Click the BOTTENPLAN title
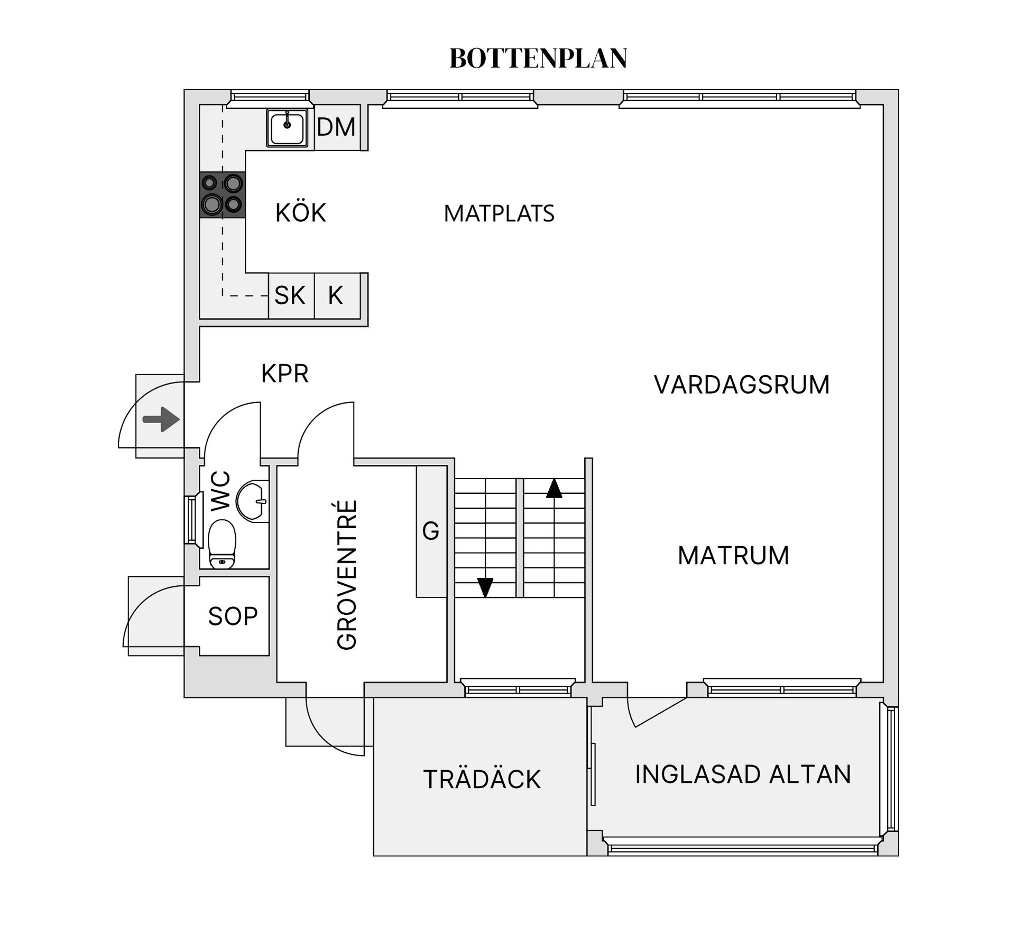pyautogui.click(x=538, y=59)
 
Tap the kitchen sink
pyautogui.click(x=287, y=127)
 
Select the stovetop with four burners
pyautogui.click(x=223, y=194)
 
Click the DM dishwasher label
pyautogui.click(x=336, y=127)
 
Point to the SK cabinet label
pyautogui.click(x=290, y=295)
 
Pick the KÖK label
pyautogui.click(x=301, y=213)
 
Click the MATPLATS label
pyautogui.click(x=499, y=213)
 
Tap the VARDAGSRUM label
pyautogui.click(x=742, y=385)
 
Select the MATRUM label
pyautogui.click(x=733, y=556)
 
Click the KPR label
pyautogui.click(x=285, y=373)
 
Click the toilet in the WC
pyautogui.click(x=222, y=544)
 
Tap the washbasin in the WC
pyautogui.click(x=252, y=501)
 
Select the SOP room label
pyautogui.click(x=233, y=616)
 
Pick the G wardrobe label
pyautogui.click(x=431, y=531)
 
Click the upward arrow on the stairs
pyautogui.click(x=553, y=488)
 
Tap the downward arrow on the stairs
pyautogui.click(x=485, y=587)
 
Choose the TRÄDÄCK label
pyautogui.click(x=482, y=779)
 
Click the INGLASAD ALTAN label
pyautogui.click(x=743, y=774)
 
